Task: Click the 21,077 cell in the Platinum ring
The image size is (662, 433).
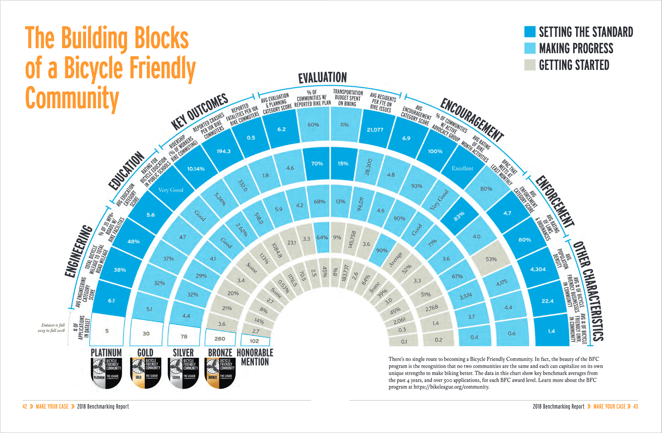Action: point(375,130)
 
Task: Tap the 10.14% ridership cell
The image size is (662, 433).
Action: point(196,169)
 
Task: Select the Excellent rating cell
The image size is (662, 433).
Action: point(462,168)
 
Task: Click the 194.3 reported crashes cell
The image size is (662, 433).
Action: point(223,151)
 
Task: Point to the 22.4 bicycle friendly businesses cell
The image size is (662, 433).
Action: point(547,301)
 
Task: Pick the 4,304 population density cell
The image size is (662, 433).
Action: point(538,269)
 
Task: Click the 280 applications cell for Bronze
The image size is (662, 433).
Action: point(220,339)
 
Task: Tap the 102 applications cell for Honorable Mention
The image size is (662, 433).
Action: point(254,341)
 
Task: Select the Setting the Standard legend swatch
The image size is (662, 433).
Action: point(530,32)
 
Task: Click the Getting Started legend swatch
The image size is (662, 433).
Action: point(530,65)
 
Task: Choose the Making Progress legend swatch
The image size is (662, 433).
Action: point(530,48)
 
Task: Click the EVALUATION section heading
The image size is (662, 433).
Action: point(322,78)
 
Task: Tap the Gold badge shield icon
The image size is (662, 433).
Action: point(146,373)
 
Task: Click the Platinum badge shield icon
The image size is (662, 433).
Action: point(106,373)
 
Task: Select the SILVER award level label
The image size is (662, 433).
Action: point(183,353)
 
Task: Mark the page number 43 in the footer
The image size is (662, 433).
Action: point(635,406)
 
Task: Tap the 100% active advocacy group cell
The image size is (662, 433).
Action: point(435,151)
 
